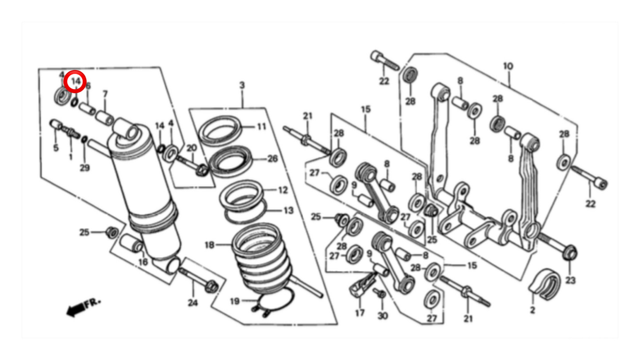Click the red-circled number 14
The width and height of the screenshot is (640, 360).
point(76,81)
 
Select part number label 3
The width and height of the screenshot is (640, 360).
point(242,85)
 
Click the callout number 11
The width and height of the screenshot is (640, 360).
point(262,127)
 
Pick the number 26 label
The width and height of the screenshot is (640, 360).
point(272,159)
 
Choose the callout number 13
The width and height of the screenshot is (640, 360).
point(288,211)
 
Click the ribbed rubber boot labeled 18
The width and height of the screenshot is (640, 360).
point(261,257)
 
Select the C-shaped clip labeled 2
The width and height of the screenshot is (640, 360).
point(544,284)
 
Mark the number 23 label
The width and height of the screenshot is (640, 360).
point(570,280)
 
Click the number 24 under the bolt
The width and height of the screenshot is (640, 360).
point(193,303)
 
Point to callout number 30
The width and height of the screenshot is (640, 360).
point(383,316)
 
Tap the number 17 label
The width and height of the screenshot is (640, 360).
point(360,313)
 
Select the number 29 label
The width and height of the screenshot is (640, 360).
point(84,168)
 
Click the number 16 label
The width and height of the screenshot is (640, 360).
point(143,262)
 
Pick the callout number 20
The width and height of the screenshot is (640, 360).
point(192,148)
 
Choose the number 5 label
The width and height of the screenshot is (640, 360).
point(56,148)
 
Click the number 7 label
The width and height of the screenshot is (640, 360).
point(105,94)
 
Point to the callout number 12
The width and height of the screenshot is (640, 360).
point(283,190)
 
